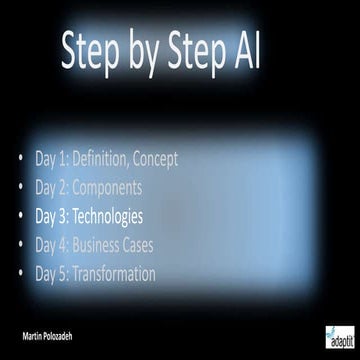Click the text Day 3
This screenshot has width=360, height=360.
(x=49, y=215)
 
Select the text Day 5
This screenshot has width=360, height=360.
(x=49, y=273)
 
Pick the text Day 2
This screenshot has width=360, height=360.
(x=49, y=187)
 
